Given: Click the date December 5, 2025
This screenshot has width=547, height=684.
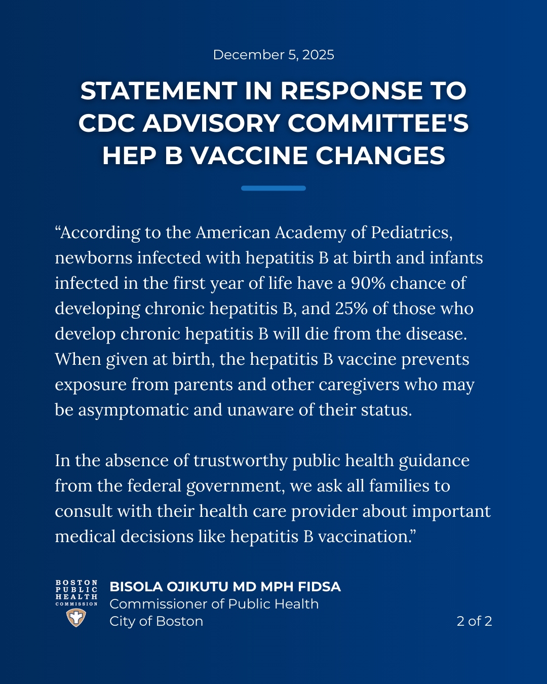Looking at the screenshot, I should coord(273,55).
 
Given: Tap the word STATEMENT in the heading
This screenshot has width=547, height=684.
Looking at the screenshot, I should coord(158,91).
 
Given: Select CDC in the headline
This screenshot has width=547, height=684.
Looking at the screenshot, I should coord(108,124).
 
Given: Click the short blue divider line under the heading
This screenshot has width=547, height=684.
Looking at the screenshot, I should coord(273,188).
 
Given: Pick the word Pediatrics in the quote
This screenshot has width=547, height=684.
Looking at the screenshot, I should coord(411,233).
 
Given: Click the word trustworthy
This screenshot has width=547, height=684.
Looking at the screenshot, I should coord(241,461).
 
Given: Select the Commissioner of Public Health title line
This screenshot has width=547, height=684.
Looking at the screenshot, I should coord(214,604).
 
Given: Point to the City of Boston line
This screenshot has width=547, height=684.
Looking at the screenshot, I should coord(156,621).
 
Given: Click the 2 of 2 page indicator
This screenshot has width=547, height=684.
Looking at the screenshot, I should coord(474,621).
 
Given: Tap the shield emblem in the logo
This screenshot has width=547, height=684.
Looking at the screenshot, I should coord(76,618).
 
